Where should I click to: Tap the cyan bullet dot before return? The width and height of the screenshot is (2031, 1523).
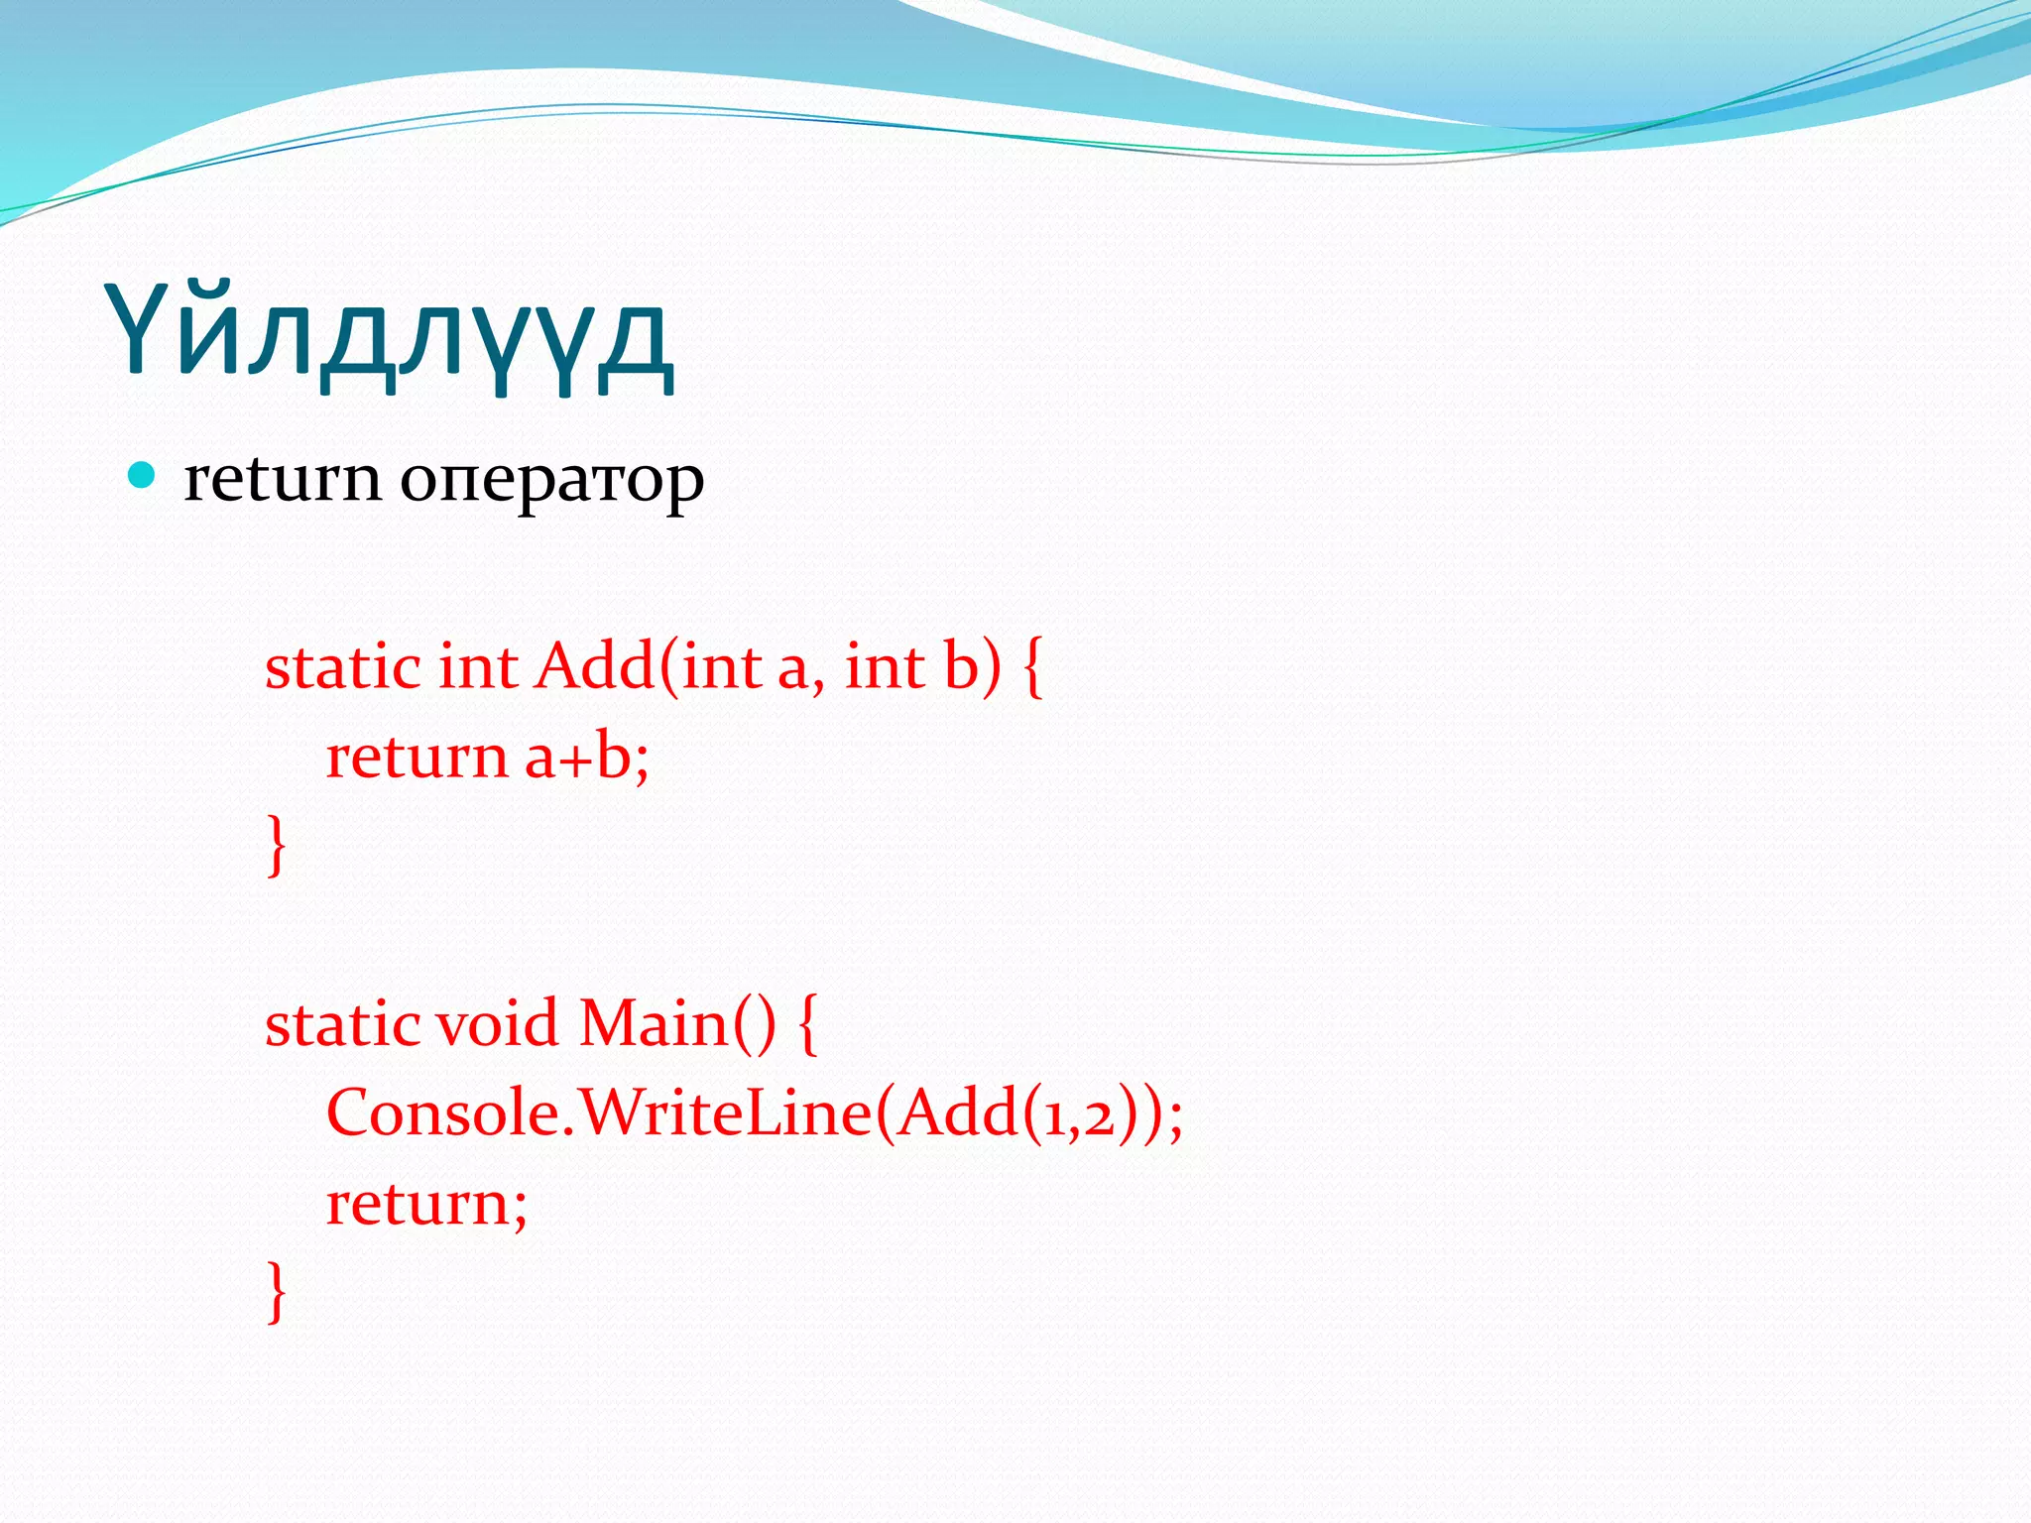pos(143,476)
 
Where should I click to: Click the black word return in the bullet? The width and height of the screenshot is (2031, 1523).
pos(282,479)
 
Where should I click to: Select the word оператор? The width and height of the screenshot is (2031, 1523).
pos(551,483)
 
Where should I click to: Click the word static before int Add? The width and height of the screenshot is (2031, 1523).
pos(342,666)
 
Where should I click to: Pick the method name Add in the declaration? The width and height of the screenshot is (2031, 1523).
pos(593,666)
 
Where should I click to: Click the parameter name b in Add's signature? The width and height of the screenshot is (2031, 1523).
pos(961,666)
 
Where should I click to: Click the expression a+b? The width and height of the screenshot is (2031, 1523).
pos(586,758)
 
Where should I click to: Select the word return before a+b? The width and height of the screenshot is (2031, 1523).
pos(417,758)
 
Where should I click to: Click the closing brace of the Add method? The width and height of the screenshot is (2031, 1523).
pos(277,845)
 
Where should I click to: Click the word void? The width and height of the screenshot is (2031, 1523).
pos(497,1023)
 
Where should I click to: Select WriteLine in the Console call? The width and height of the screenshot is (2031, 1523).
pos(725,1113)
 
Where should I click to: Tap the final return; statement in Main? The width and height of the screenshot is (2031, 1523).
pos(426,1204)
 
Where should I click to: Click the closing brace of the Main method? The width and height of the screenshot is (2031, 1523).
pos(277,1291)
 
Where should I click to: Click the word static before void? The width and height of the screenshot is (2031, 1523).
pos(342,1023)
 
